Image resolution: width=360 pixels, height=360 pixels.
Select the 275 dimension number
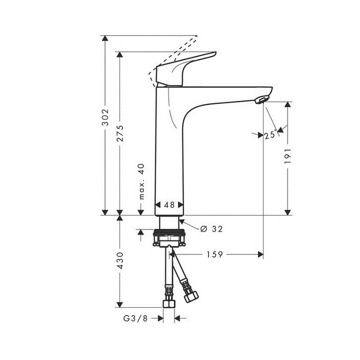point(120,133)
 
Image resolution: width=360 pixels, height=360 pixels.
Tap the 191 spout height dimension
point(288,158)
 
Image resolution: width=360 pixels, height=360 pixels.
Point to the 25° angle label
point(270,135)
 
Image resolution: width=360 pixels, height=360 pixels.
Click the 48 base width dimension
point(169,205)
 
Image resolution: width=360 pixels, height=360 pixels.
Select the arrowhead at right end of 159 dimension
point(260,254)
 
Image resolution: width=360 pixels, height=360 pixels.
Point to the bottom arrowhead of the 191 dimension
point(288,211)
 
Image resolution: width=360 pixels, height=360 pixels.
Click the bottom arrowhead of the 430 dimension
point(120,304)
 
